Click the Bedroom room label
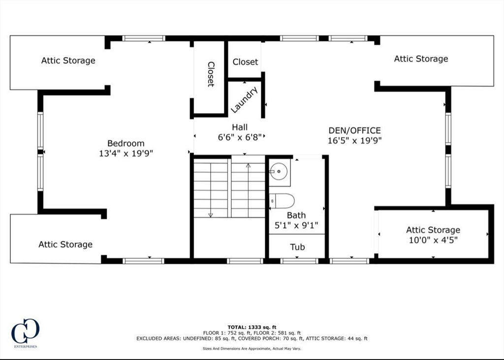[x=126, y=143]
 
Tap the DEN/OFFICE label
[x=354, y=130]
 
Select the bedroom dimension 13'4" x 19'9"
[x=126, y=153]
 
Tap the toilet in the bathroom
[x=283, y=201]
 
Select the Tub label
[x=297, y=247]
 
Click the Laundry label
[x=244, y=100]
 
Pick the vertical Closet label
[x=211, y=74]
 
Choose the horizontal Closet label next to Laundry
[x=245, y=61]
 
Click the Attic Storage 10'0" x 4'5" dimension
[x=433, y=240]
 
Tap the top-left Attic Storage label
[x=68, y=60]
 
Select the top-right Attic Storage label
[x=421, y=59]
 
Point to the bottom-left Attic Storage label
[x=65, y=244]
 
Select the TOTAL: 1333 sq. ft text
[x=252, y=327]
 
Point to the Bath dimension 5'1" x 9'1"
[x=296, y=226]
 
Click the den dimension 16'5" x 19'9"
[x=354, y=140]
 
